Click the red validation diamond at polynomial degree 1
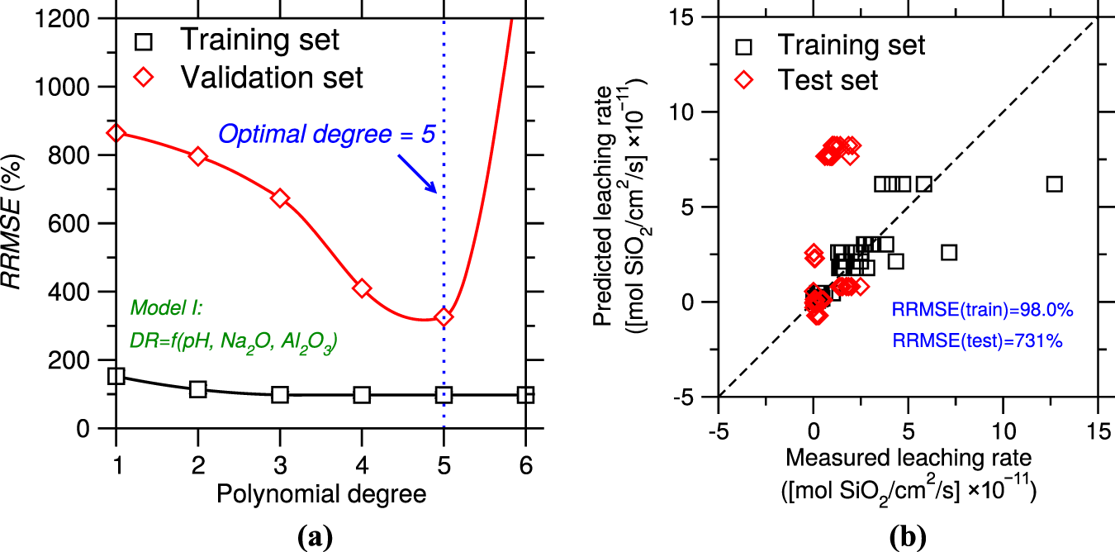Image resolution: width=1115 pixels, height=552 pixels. click(x=116, y=133)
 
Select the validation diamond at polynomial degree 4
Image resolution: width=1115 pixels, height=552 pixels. click(x=362, y=288)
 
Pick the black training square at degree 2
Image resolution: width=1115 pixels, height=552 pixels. click(x=197, y=388)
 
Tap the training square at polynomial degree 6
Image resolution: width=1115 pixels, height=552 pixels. click(x=525, y=395)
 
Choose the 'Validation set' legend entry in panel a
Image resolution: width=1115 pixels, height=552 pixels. click(x=273, y=78)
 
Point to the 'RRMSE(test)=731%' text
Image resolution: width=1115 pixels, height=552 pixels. click(x=977, y=338)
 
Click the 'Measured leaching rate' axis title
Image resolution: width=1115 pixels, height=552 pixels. click(x=908, y=456)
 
